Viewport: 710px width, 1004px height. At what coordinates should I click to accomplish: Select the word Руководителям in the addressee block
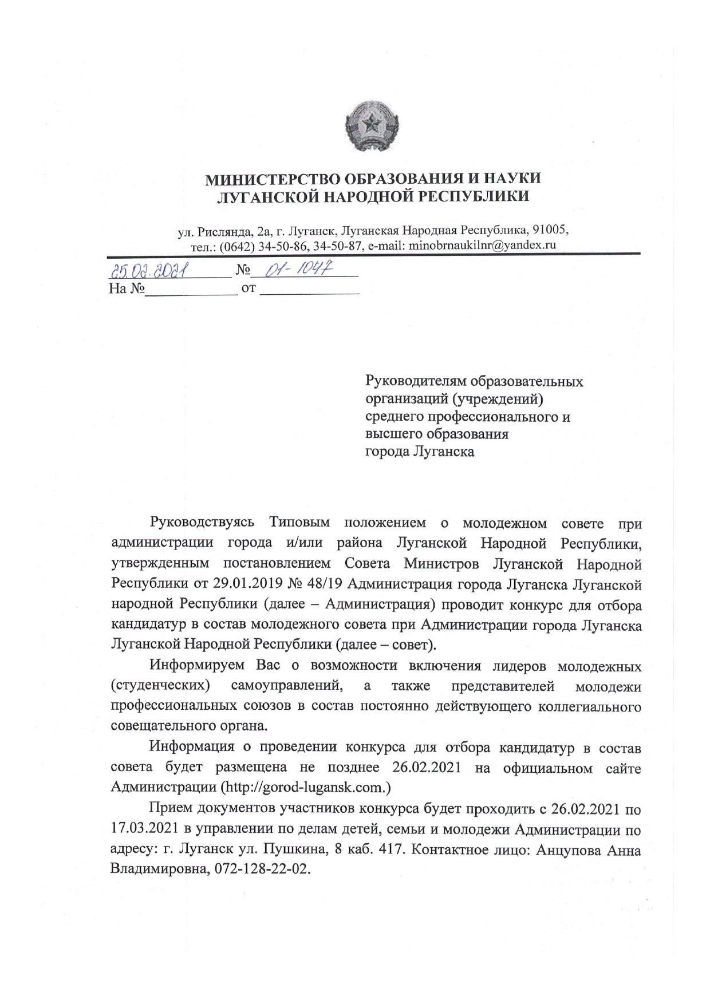417,381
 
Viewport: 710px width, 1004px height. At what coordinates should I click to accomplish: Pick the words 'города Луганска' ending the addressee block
420,452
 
